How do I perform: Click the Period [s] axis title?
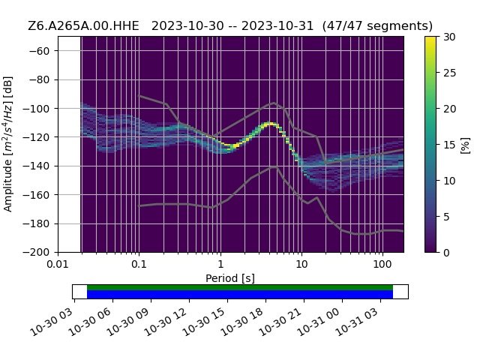pyautogui.click(x=230, y=278)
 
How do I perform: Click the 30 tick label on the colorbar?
pyautogui.click(x=448, y=37)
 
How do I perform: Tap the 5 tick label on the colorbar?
pyautogui.click(x=445, y=217)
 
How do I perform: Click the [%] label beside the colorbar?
pyautogui.click(x=465, y=145)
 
